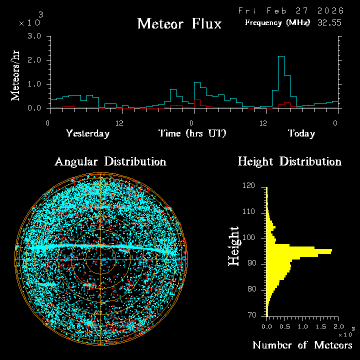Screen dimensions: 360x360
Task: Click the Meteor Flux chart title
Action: tap(179, 23)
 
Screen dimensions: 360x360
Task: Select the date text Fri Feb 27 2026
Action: tap(290, 10)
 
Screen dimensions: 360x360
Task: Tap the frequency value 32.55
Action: tap(329, 22)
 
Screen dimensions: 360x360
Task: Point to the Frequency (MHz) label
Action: tap(277, 22)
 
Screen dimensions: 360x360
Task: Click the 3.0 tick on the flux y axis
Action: tap(34, 36)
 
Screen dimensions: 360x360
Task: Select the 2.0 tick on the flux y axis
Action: tap(34, 60)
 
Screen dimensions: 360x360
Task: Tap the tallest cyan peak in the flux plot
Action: tap(281, 57)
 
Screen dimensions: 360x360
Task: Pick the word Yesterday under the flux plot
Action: tap(87, 133)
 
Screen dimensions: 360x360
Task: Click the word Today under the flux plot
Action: tap(301, 133)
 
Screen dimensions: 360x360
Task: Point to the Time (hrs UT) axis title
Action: tap(192, 133)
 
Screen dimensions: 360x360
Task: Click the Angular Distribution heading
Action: tap(110, 161)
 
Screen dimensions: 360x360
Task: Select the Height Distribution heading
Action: tap(289, 161)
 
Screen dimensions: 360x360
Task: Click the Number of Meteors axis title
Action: tap(302, 345)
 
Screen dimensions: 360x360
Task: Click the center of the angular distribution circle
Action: tap(101, 259)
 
